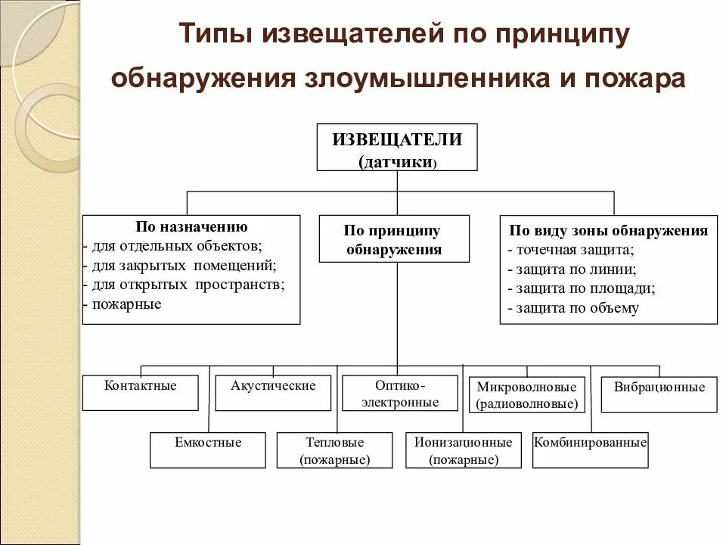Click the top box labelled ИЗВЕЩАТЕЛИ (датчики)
pos(397,147)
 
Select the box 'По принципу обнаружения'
pos(394,239)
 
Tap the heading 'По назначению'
pos(191,226)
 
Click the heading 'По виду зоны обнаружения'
pos(609,231)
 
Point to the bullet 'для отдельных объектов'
pos(176,246)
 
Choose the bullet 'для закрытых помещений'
pos(183,266)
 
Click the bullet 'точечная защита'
pos(571,250)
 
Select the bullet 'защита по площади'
pos(581,288)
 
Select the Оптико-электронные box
pos(400,394)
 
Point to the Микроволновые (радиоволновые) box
pos(527,395)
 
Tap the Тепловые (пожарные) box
pos(335,450)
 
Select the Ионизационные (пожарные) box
pos(464,450)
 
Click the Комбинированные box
pos(591,450)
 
